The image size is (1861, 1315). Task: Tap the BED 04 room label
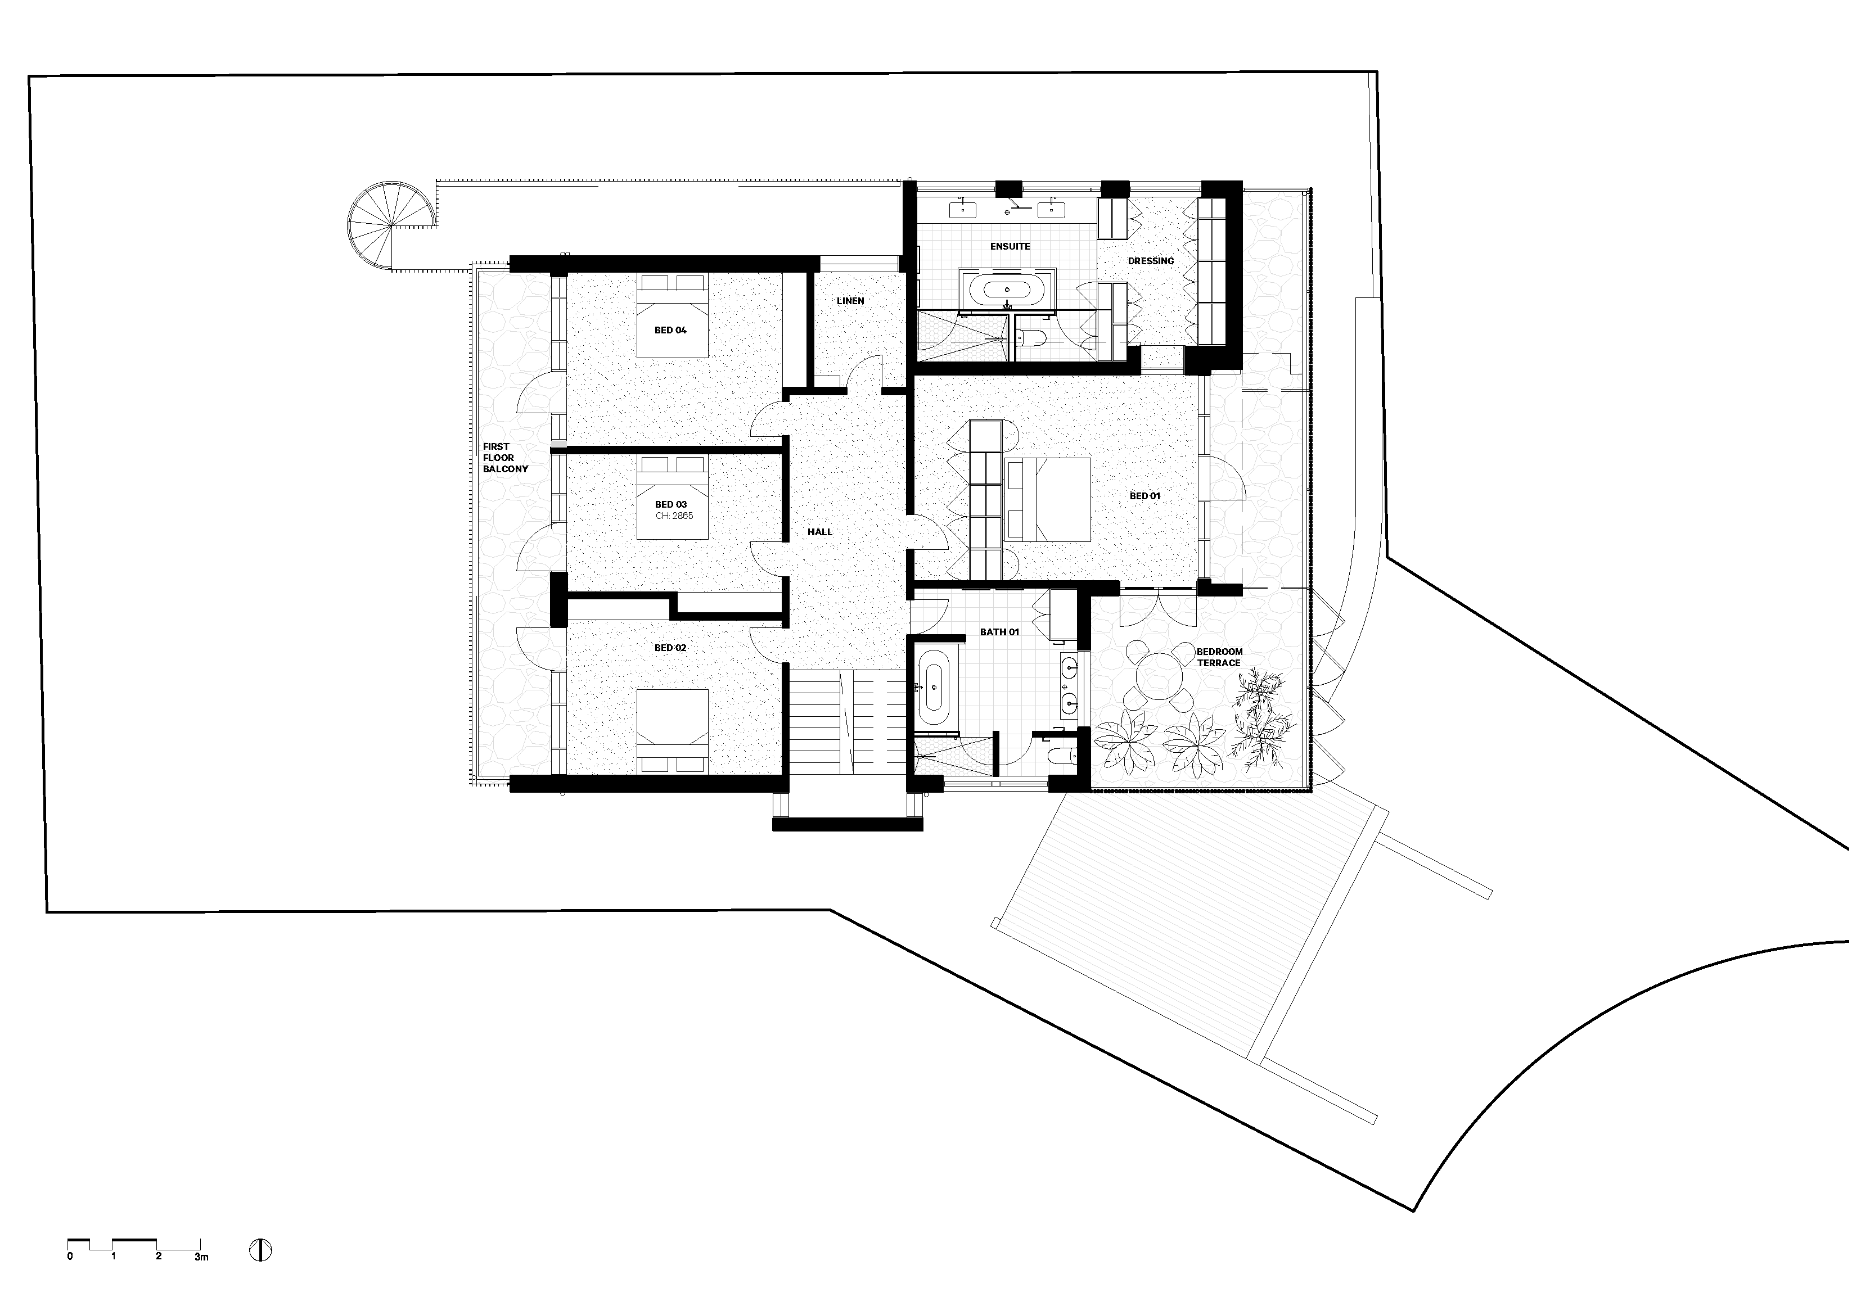[670, 331]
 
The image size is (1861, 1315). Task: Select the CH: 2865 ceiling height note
[674, 516]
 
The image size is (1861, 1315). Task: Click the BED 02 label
[670, 648]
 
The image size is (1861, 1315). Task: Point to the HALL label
[819, 532]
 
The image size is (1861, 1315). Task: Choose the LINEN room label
[850, 301]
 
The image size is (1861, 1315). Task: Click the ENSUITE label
[1010, 246]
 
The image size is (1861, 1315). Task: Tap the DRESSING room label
[1150, 261]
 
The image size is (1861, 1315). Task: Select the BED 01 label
[1144, 496]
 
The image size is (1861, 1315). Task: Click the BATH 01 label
[999, 632]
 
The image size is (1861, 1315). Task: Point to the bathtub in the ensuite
[1006, 289]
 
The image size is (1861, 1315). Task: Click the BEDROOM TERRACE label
[1219, 657]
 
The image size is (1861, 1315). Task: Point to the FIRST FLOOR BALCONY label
[505, 458]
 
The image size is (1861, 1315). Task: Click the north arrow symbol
[260, 1250]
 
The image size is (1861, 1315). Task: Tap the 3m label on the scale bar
[201, 1257]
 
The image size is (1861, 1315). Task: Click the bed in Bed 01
[1047, 500]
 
